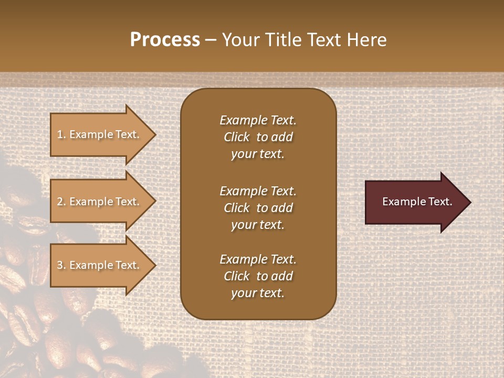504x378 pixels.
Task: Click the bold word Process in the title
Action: [165, 40]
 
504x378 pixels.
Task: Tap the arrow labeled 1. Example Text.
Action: [99, 134]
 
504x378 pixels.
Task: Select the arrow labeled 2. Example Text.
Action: [99, 202]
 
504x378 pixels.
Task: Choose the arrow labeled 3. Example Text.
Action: [99, 265]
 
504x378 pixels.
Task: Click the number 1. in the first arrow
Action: [61, 134]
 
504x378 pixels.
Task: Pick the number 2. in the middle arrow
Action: [61, 202]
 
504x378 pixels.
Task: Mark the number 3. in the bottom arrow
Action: [61, 265]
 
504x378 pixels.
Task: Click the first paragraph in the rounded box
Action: [258, 137]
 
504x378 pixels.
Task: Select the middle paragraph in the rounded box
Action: [258, 208]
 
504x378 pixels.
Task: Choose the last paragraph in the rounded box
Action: [258, 276]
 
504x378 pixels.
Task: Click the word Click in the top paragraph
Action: [236, 137]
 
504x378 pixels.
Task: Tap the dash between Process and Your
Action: [211, 40]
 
